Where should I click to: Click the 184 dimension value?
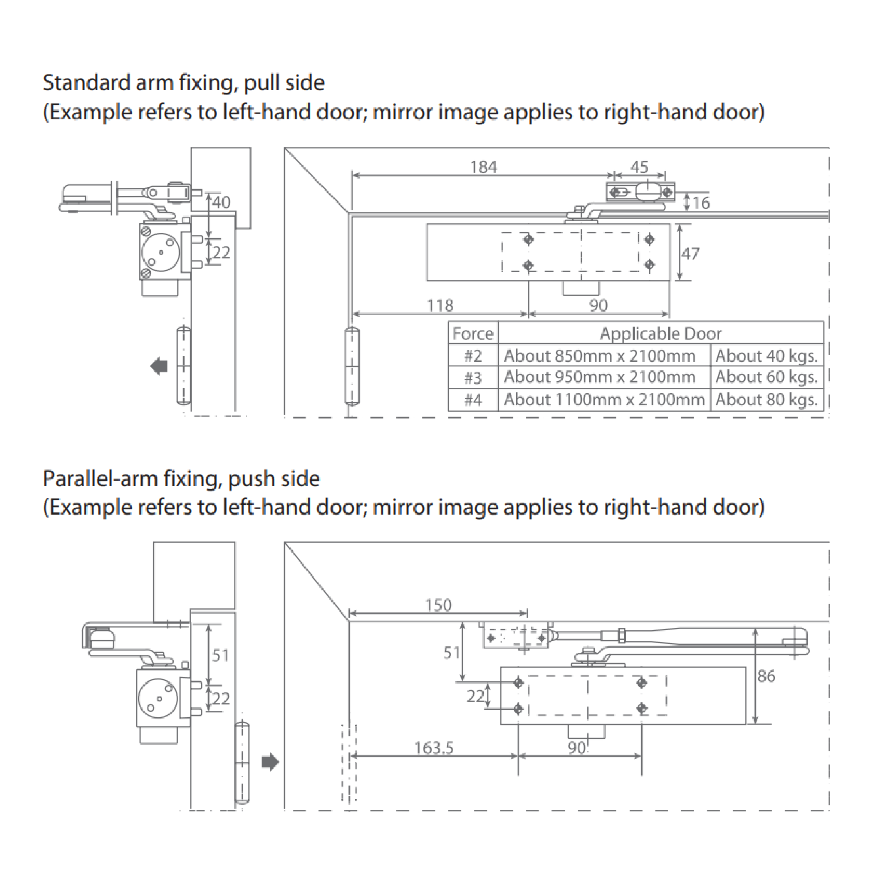pos(483,167)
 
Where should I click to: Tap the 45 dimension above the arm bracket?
pos(639,167)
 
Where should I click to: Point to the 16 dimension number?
pos(701,203)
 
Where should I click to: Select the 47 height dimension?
pos(690,253)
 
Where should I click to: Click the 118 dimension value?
pos(440,305)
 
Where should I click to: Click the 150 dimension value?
pos(438,606)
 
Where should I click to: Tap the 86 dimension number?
pos(766,676)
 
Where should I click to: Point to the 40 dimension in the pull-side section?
pos(221,202)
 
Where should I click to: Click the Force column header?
pos(473,334)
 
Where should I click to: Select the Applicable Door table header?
pos(661,334)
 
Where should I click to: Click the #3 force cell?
pos(473,378)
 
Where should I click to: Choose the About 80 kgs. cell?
pos(767,400)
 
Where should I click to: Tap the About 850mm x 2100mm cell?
pos(600,356)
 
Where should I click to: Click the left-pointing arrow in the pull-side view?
pos(159,366)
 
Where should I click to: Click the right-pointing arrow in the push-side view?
pos(270,762)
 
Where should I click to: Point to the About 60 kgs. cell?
pos(767,377)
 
